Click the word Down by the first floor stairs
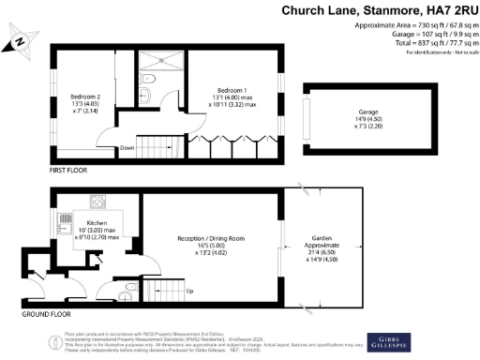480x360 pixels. tap(127, 147)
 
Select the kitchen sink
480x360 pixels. tap(65, 224)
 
